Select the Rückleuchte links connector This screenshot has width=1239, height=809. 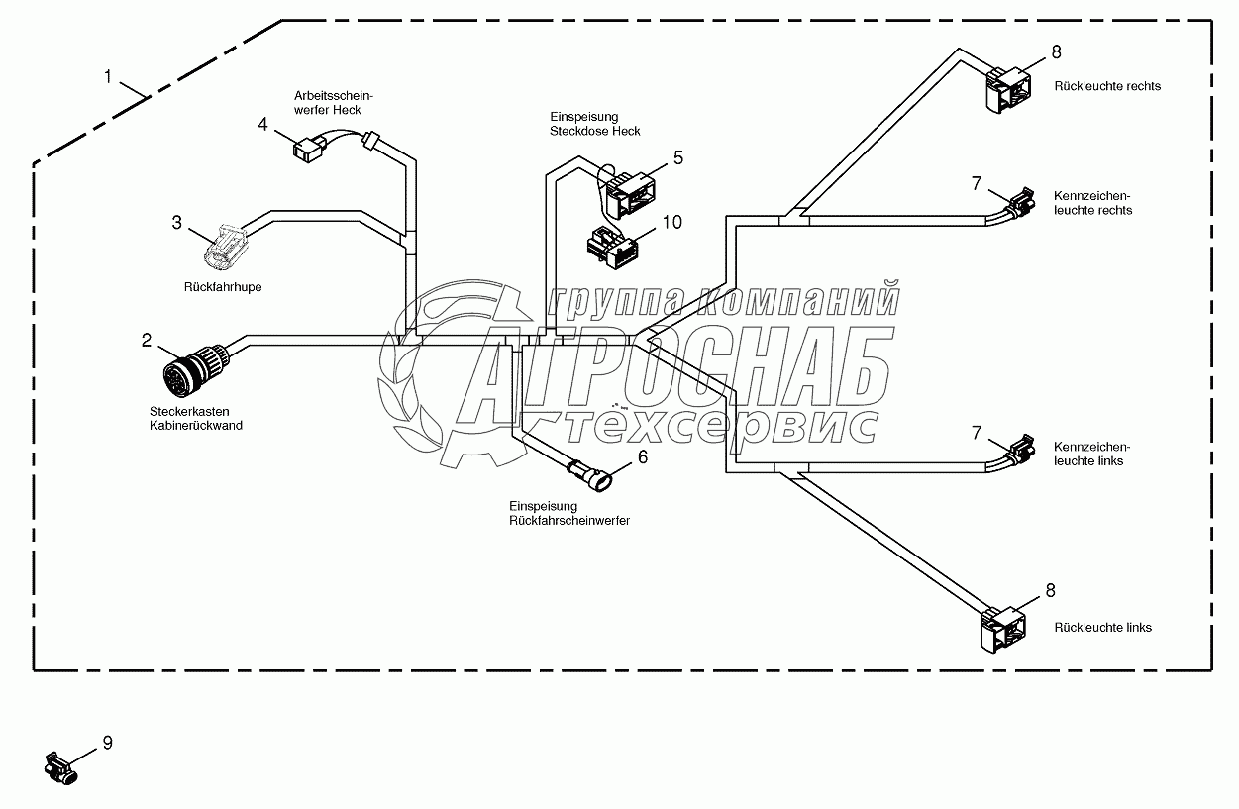(1001, 627)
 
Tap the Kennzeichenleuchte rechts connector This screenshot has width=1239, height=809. (1018, 202)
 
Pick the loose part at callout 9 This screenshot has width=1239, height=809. (61, 768)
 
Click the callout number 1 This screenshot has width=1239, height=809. (108, 76)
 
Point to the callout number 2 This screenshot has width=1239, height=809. (147, 341)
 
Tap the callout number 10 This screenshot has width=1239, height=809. (671, 222)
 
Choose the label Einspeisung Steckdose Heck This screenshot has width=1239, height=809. (594, 124)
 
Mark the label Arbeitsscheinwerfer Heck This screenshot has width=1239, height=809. (333, 102)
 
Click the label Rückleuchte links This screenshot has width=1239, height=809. (1102, 627)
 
